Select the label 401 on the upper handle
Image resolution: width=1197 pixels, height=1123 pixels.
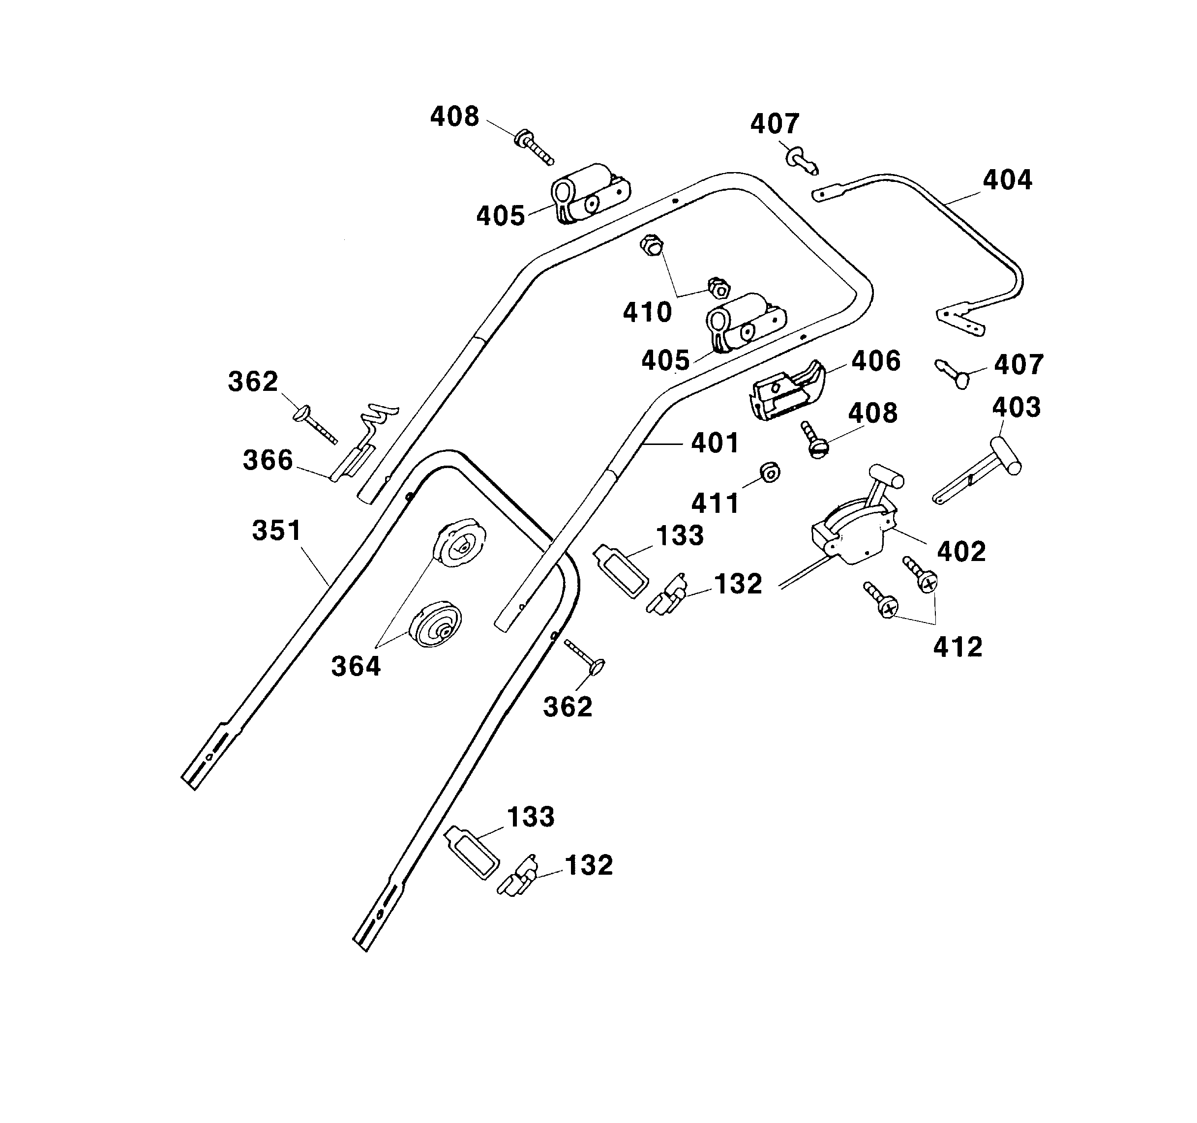715,443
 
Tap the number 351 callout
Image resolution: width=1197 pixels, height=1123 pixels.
276,531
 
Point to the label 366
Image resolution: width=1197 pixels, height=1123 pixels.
268,460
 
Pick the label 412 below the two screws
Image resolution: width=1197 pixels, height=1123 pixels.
958,648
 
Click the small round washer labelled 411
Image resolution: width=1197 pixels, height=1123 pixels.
770,473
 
